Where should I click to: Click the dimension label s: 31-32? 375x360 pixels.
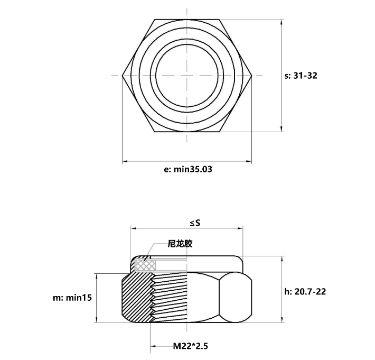coord(301,76)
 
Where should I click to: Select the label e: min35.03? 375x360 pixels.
coord(189,170)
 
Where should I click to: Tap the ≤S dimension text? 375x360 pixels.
coord(195,223)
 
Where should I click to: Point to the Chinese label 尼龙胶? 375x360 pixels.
coord(181,244)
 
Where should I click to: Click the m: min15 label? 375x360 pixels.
coord(72,298)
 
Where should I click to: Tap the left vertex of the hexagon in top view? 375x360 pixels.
coord(123,76)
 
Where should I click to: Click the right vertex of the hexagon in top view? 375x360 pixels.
coord(251,76)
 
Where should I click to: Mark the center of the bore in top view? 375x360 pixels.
coord(187,76)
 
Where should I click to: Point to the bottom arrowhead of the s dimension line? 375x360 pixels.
coord(281,128)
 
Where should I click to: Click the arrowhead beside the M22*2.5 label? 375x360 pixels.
coord(153,347)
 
